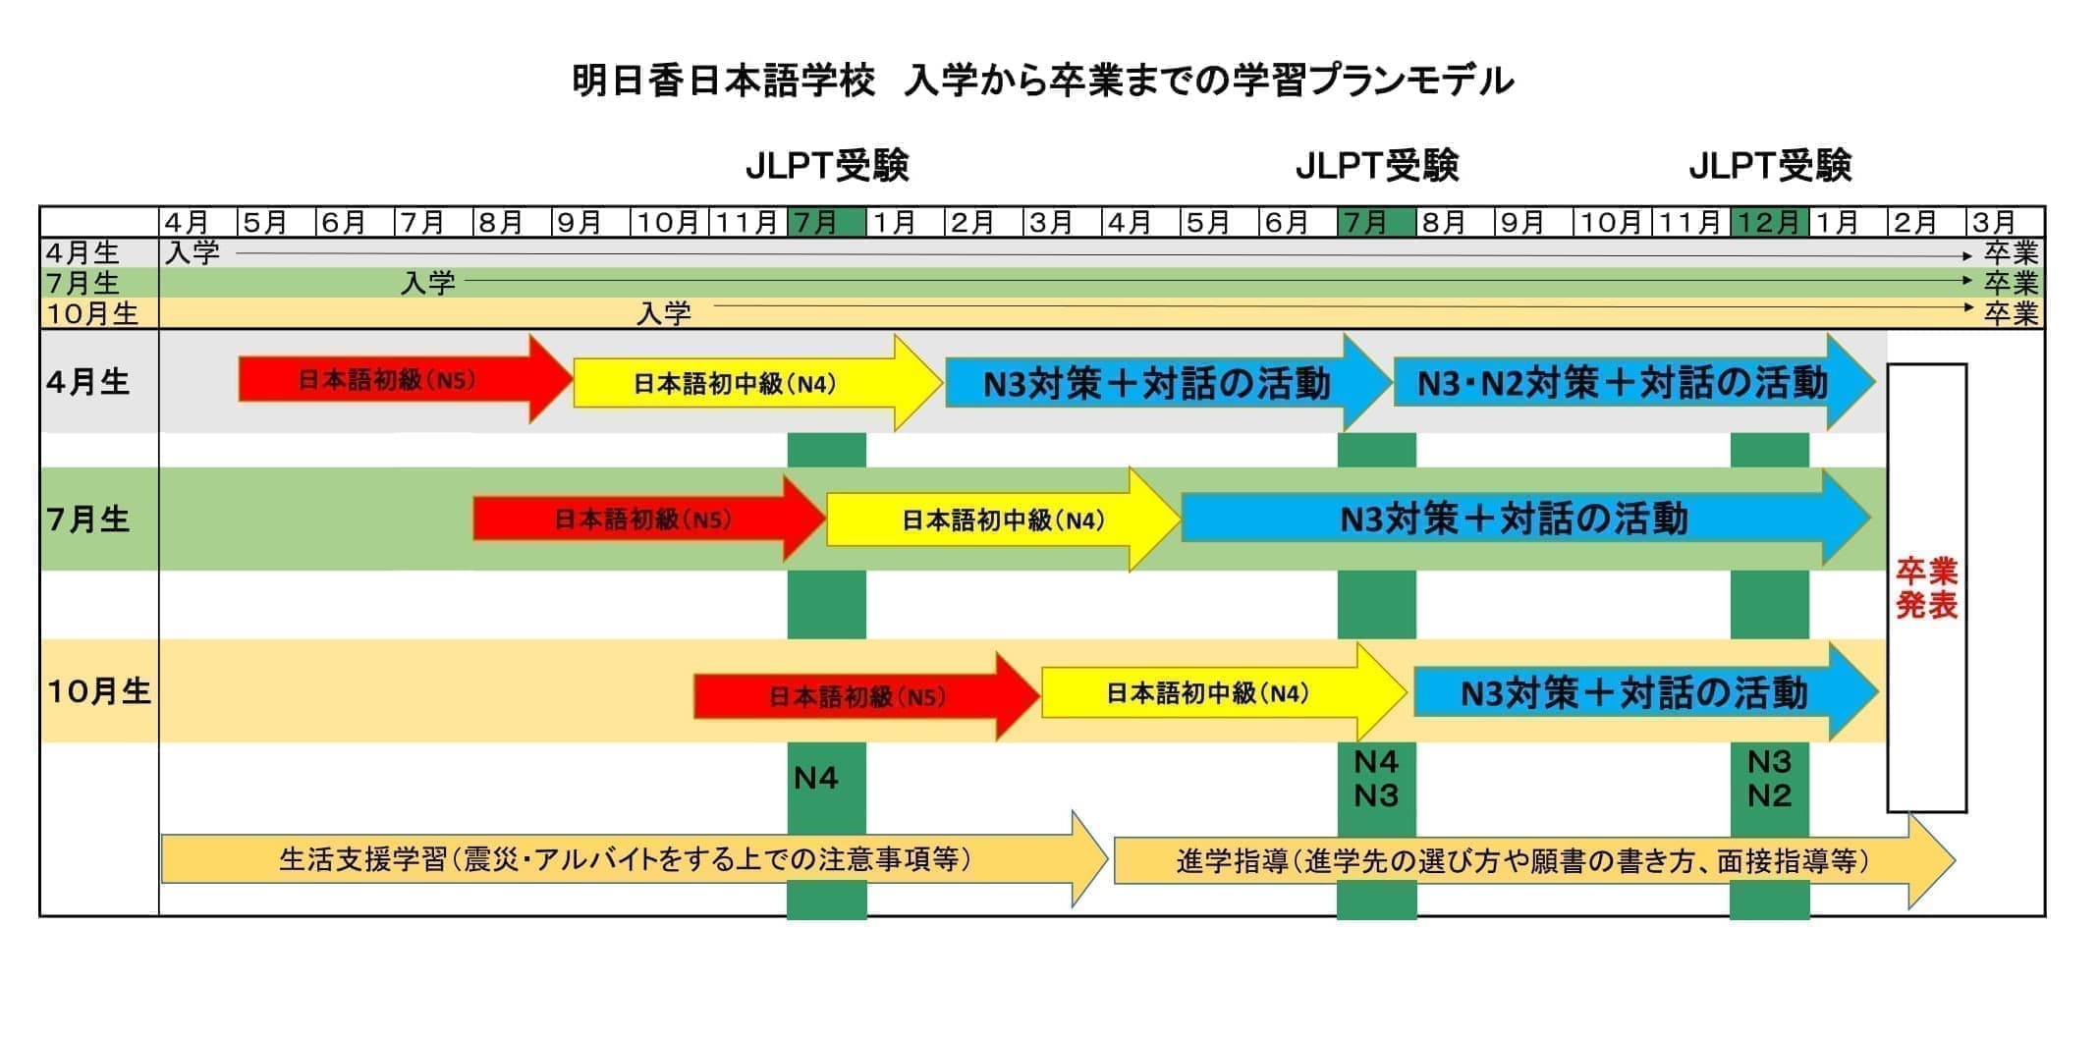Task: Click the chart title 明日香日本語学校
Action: pos(723,81)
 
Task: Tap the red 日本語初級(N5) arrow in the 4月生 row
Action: pos(406,379)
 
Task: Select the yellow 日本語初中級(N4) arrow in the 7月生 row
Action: pos(1004,519)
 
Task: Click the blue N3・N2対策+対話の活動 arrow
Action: pos(1634,382)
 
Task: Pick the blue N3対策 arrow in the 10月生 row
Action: pos(1646,692)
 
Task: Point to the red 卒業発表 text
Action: pos(1926,587)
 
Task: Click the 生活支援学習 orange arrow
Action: pos(635,859)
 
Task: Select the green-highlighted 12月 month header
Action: pos(1769,222)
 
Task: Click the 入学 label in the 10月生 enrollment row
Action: pos(664,313)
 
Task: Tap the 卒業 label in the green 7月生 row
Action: pos(2011,283)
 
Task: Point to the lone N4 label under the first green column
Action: pos(815,778)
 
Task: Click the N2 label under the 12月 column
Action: pos(1769,794)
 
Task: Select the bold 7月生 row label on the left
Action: pos(88,519)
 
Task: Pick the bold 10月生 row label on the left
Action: pos(98,691)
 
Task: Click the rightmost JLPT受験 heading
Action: pos(1770,166)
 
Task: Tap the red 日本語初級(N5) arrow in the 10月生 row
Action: pos(866,696)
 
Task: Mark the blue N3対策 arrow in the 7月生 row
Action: pos(1525,518)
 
